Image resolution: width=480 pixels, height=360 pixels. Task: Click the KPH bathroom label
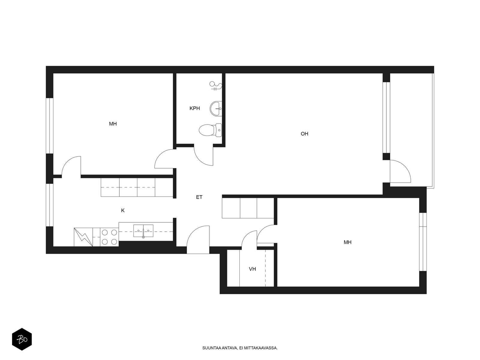click(x=194, y=108)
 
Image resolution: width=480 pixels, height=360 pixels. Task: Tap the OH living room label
click(x=304, y=134)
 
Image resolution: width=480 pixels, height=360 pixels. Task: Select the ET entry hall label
click(x=199, y=197)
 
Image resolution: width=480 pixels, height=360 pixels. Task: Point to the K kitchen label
click(x=123, y=210)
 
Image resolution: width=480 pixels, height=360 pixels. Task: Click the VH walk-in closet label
click(x=252, y=269)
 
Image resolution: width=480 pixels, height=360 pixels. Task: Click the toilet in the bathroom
click(x=210, y=130)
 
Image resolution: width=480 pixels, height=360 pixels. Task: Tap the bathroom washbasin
click(x=216, y=108)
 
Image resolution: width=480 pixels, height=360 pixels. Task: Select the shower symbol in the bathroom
click(x=216, y=86)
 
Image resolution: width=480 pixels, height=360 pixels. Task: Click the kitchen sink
click(x=143, y=231)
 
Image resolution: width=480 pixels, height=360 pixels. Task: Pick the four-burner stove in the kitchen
click(x=109, y=237)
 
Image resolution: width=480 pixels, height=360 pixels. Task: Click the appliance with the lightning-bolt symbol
click(x=83, y=237)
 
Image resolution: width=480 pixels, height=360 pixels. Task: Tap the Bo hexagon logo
click(x=22, y=339)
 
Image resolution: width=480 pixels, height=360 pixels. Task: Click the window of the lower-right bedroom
click(x=423, y=242)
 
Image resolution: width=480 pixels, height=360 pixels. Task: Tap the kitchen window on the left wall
click(x=49, y=205)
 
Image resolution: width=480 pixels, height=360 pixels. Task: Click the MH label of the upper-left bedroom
click(x=113, y=124)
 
